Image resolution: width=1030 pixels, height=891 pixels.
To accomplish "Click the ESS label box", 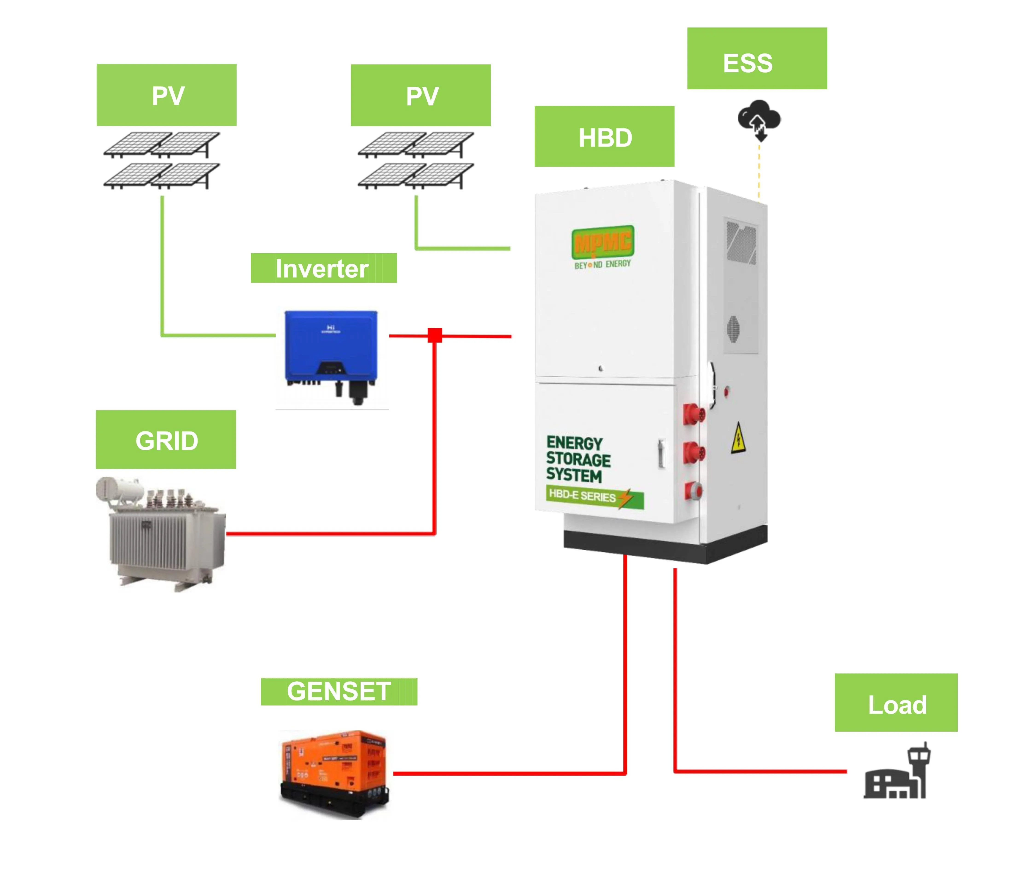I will [x=757, y=59].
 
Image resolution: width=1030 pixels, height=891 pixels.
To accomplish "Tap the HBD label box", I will [x=604, y=136].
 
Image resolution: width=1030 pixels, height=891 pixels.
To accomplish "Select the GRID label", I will [x=166, y=440].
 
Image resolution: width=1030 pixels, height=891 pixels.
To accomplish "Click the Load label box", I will [x=896, y=703].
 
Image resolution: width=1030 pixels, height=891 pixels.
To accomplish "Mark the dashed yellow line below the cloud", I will [x=759, y=172].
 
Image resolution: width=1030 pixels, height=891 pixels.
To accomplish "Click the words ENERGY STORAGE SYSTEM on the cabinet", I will [x=578, y=458].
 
